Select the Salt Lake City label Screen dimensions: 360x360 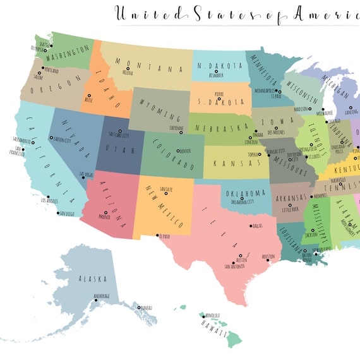pos(120,135)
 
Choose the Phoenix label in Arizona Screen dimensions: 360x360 pos(104,217)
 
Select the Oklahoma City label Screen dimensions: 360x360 pos(241,202)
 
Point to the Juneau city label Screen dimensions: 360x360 pos(147,308)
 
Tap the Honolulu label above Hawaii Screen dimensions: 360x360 pos(211,315)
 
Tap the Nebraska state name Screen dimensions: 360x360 pos(220,128)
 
